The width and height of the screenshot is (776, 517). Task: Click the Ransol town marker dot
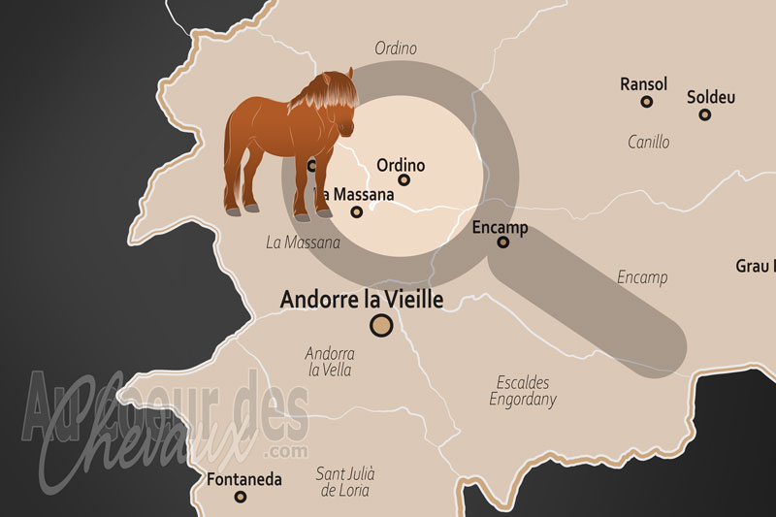pyautogui.click(x=647, y=102)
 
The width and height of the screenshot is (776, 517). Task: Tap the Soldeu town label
pyautogui.click(x=711, y=97)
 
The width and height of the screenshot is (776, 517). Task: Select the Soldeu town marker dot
pyautogui.click(x=705, y=114)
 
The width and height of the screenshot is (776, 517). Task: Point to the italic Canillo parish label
pyautogui.click(x=648, y=142)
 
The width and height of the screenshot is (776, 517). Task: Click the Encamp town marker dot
pyautogui.click(x=503, y=242)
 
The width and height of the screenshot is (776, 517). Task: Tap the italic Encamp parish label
pyautogui.click(x=642, y=277)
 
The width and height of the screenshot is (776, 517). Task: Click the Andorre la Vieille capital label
pyautogui.click(x=362, y=300)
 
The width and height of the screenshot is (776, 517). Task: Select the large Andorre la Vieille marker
pyautogui.click(x=382, y=326)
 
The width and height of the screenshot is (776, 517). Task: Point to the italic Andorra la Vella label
pyautogui.click(x=330, y=362)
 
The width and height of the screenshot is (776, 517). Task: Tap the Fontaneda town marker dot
pyautogui.click(x=241, y=497)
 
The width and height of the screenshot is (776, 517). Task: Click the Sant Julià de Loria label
pyautogui.click(x=345, y=481)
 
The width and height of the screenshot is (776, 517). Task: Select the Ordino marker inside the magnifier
pyautogui.click(x=404, y=179)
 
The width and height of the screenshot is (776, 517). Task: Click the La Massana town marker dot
pyautogui.click(x=357, y=211)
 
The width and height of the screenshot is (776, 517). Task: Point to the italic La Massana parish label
pyautogui.click(x=303, y=242)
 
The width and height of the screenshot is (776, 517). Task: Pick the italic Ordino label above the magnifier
pyautogui.click(x=395, y=48)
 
